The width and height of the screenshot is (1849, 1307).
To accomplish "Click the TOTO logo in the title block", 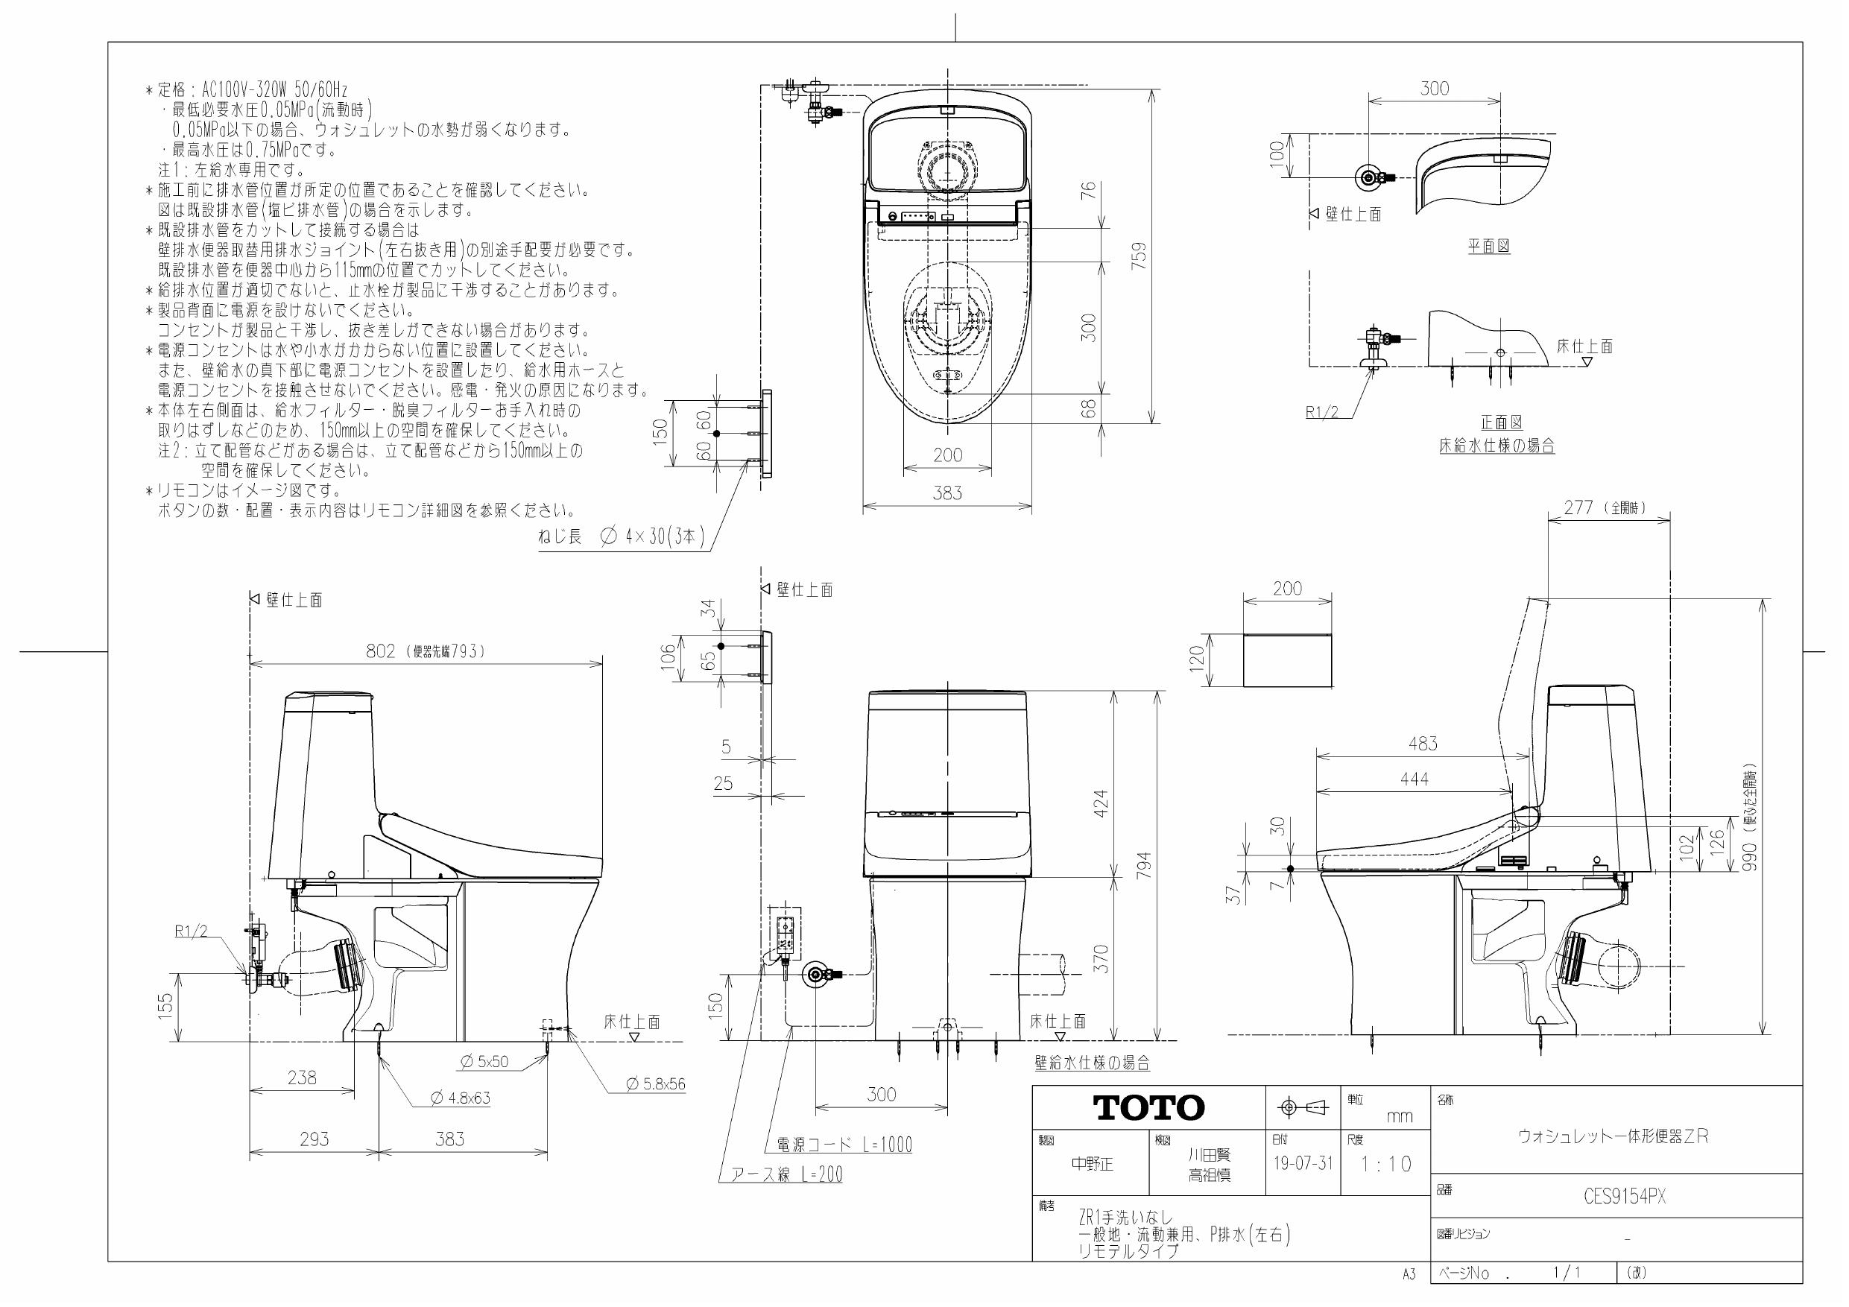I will (x=1148, y=1108).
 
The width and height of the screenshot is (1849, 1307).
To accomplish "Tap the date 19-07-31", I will (x=1303, y=1164).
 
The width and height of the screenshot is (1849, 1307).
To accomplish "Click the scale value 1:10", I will (x=1386, y=1164).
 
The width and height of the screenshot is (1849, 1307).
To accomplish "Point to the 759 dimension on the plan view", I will (x=1139, y=256).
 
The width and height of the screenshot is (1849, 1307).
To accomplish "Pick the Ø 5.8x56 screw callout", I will (x=656, y=1084).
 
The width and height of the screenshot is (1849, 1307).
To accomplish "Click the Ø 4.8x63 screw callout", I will (x=460, y=1098).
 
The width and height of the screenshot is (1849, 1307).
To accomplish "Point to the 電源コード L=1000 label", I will (x=844, y=1145).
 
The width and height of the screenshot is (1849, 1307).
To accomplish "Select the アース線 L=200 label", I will (x=786, y=1175).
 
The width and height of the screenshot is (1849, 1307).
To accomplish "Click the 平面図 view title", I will (x=1488, y=247).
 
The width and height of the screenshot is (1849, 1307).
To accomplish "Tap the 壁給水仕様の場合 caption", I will (x=1092, y=1063).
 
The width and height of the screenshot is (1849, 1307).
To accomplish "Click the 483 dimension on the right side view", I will (x=1422, y=743).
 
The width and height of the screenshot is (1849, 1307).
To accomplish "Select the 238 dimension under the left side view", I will (x=302, y=1077).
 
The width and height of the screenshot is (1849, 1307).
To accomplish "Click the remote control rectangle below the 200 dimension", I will (x=1287, y=659).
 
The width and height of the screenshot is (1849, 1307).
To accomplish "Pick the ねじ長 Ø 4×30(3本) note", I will (x=622, y=537).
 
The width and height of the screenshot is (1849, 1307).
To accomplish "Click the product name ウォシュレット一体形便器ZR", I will (x=1612, y=1136).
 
